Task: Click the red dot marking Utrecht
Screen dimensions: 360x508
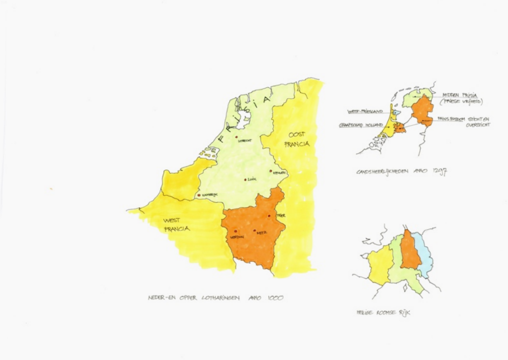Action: (x=237, y=137)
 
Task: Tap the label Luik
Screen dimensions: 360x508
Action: (x=252, y=180)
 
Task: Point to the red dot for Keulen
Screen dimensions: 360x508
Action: (x=270, y=171)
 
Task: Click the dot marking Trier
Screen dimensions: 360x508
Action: (x=268, y=216)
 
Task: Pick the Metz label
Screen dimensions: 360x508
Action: (x=262, y=231)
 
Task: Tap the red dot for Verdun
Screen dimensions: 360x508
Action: (x=235, y=231)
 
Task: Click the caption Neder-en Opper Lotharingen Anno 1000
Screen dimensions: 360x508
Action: (x=216, y=298)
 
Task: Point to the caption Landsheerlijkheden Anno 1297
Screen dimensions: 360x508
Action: (x=402, y=172)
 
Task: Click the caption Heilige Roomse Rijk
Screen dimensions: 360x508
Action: (x=383, y=313)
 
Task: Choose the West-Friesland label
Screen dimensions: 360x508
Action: (x=365, y=112)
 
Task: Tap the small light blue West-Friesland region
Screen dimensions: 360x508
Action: (x=394, y=113)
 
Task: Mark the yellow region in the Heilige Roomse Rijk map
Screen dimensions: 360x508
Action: (x=380, y=265)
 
